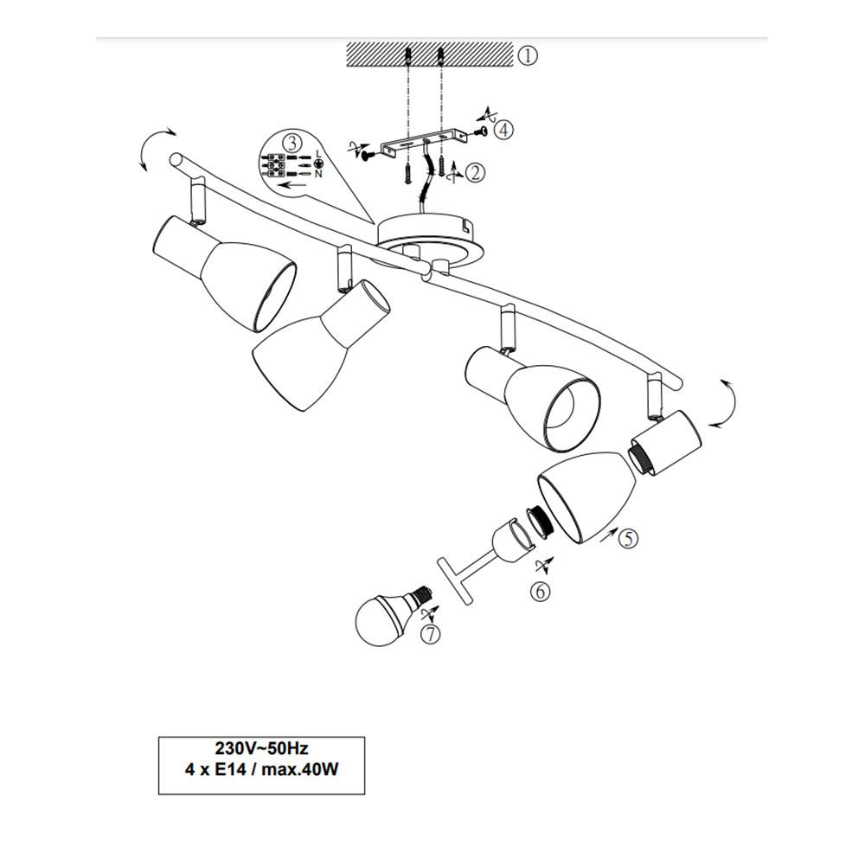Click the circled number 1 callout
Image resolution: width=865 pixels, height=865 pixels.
[x=528, y=55]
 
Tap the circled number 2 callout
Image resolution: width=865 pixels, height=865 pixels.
[x=475, y=173]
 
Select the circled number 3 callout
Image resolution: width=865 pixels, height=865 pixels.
[x=292, y=143]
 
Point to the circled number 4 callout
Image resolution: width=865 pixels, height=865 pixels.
[x=503, y=131]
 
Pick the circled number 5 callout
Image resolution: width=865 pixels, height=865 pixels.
[x=628, y=538]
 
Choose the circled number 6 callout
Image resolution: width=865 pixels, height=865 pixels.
[x=540, y=592]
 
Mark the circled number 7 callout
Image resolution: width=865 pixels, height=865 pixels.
[x=430, y=635]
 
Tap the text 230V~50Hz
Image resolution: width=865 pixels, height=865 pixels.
[x=261, y=748]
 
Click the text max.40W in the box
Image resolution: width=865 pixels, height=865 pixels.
[x=299, y=769]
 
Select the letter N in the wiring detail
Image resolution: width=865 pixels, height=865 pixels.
[x=318, y=174]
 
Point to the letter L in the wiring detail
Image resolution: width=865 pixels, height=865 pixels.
[x=318, y=153]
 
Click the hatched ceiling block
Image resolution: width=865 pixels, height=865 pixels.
[x=430, y=54]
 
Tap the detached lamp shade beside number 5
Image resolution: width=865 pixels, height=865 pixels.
[x=587, y=497]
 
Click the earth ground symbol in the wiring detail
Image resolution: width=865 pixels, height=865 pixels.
[x=318, y=163]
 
